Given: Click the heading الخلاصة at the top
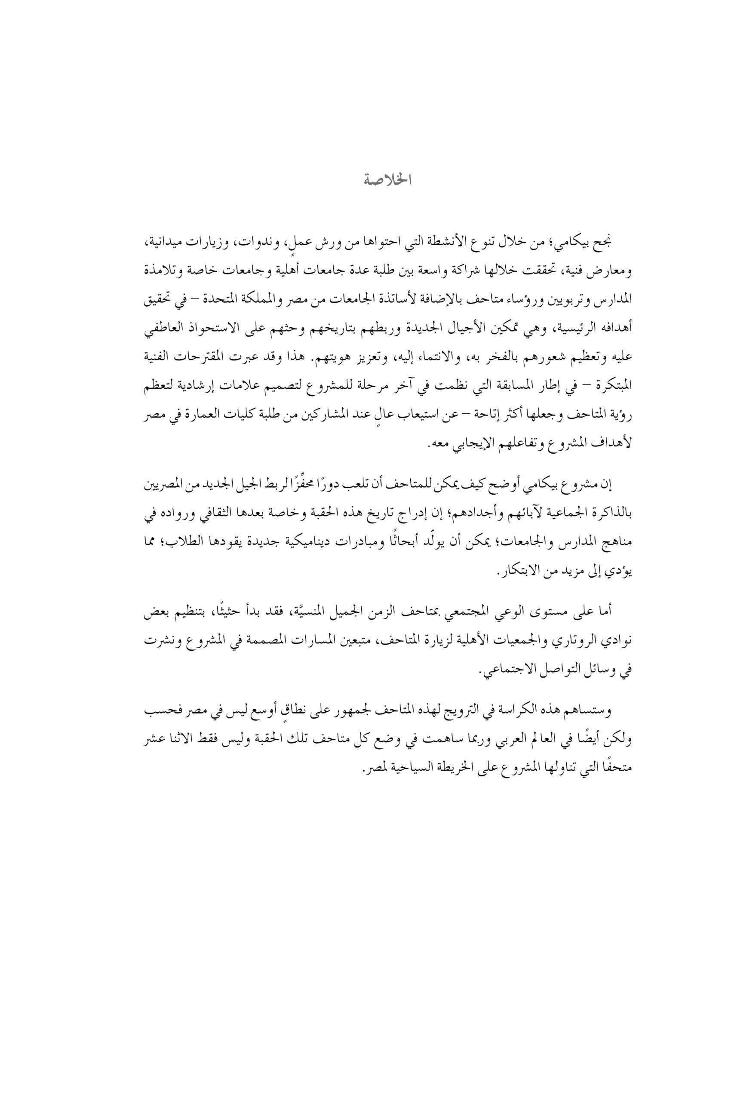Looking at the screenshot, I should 387,180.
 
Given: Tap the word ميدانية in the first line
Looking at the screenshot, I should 592,243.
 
